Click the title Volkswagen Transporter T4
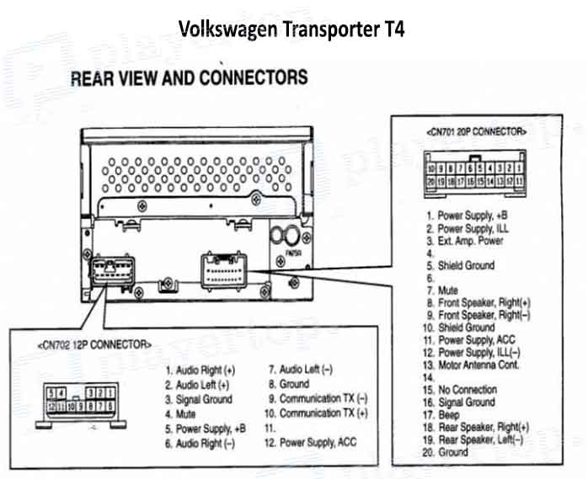point(291,30)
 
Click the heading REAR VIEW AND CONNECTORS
point(189,78)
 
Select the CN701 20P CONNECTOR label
point(477,131)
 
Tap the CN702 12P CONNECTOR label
point(95,345)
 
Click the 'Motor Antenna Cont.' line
point(478,365)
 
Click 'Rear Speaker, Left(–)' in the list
point(479,439)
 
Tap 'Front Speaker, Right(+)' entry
point(484,302)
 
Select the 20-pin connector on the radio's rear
point(225,271)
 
